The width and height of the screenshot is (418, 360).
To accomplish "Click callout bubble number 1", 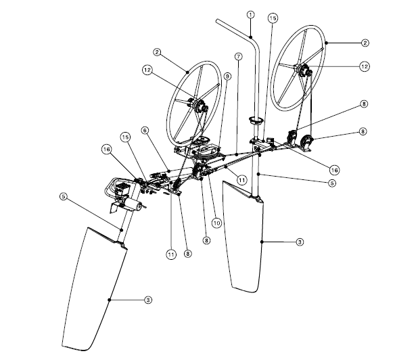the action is [250, 15].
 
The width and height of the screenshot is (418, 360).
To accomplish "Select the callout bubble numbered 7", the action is [238, 57].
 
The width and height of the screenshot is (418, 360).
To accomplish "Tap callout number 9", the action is [227, 76].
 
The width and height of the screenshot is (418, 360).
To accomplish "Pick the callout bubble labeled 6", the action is [145, 131].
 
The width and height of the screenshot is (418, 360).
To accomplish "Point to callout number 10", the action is [216, 223].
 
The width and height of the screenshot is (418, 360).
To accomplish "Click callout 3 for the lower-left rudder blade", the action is [148, 300].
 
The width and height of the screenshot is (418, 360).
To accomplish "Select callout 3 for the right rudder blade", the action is [300, 242].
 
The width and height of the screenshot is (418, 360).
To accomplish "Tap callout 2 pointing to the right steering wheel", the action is [365, 43].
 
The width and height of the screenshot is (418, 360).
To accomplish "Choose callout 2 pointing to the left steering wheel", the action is [158, 52].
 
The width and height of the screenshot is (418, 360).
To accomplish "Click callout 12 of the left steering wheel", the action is [147, 70].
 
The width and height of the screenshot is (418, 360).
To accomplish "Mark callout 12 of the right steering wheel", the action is [365, 66].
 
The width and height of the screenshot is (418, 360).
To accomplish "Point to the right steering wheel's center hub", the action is [302, 70].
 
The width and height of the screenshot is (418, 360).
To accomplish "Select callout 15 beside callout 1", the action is [273, 18].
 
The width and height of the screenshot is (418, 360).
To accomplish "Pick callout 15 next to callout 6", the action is [126, 137].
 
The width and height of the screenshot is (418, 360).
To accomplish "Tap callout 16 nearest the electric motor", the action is [107, 150].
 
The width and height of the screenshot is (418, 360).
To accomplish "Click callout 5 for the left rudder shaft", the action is [63, 196].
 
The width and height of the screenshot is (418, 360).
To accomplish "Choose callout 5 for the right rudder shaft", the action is [332, 183].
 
